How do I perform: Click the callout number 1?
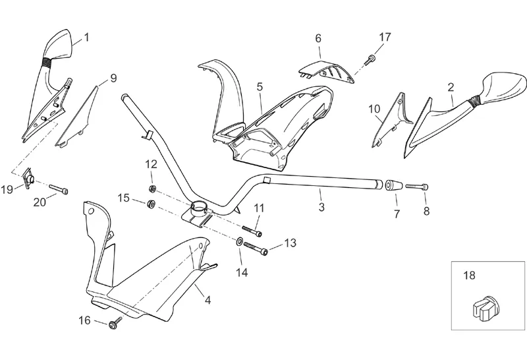(x=86, y=37)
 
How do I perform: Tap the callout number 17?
(x=385, y=37)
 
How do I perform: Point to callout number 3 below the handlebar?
(x=321, y=208)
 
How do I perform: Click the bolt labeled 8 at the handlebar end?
(x=416, y=187)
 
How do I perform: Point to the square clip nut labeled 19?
(x=28, y=178)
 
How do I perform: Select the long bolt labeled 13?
(x=256, y=249)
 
